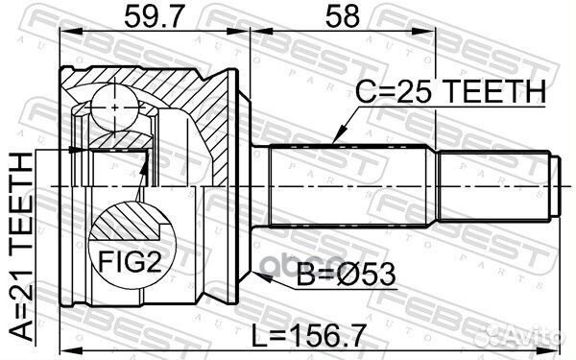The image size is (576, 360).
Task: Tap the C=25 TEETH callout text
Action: point(450,92)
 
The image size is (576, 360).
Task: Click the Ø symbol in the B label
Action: point(356,277)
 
